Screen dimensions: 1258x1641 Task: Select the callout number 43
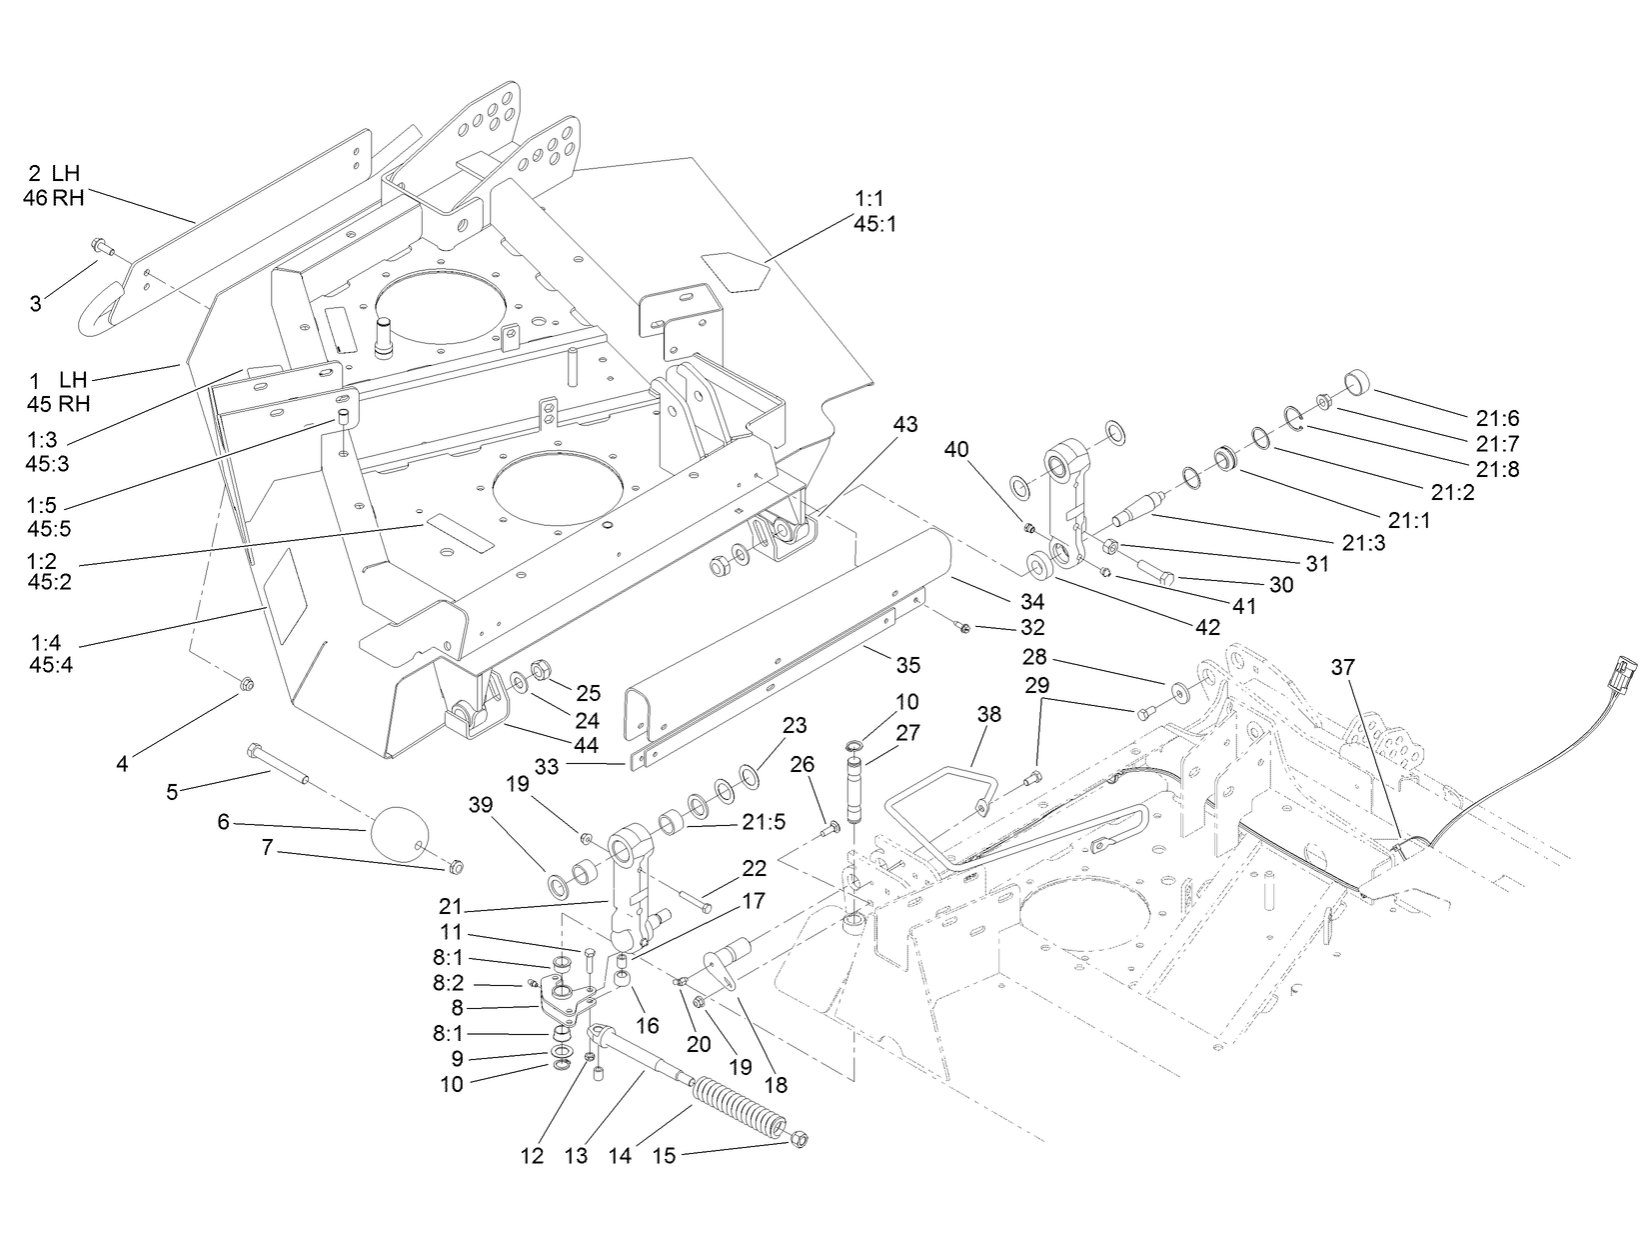pos(904,425)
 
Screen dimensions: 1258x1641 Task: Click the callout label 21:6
pos(1496,419)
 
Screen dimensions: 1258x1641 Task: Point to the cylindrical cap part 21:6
pos(1358,382)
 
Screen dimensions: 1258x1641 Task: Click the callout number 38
pos(987,715)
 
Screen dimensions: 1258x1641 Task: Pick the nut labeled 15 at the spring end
pos(800,1140)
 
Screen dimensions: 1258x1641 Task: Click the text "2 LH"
pos(54,174)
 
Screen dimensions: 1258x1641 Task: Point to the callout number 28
pos(1033,657)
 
